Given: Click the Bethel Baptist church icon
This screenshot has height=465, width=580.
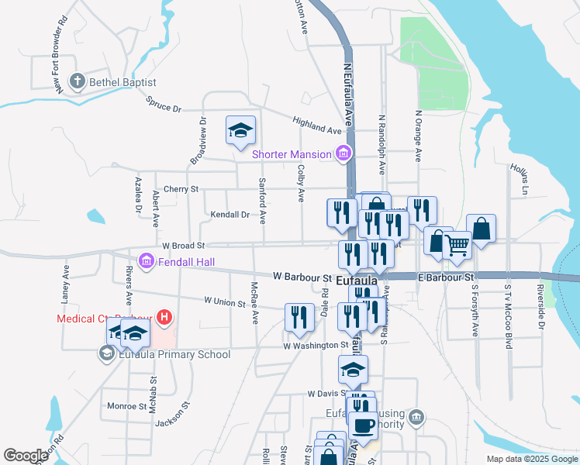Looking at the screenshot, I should tap(78, 81).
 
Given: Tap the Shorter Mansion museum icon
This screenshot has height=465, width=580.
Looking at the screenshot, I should tap(342, 154).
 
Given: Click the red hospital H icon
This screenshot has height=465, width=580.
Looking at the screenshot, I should tap(164, 317).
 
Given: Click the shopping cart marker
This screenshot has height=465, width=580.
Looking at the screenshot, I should tap(457, 246).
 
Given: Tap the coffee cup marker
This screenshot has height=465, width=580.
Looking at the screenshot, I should tap(363, 425).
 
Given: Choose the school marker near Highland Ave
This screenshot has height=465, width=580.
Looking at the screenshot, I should tap(240, 129).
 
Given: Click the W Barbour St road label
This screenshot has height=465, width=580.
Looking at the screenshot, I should tap(302, 277).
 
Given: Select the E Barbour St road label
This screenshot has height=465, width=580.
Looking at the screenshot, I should tap(445, 277).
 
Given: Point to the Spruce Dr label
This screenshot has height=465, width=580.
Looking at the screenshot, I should tap(163, 103).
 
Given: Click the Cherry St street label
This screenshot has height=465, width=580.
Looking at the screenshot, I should tap(181, 189).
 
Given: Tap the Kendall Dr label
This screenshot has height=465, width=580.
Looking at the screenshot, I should tap(230, 215).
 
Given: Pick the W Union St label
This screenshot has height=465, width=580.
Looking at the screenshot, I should tap(223, 301).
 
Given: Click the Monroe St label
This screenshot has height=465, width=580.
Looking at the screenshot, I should tap(122, 405).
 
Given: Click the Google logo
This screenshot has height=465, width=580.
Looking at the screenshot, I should tap(26, 455).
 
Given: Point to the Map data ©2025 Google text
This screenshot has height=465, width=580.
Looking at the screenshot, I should tap(531, 459).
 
